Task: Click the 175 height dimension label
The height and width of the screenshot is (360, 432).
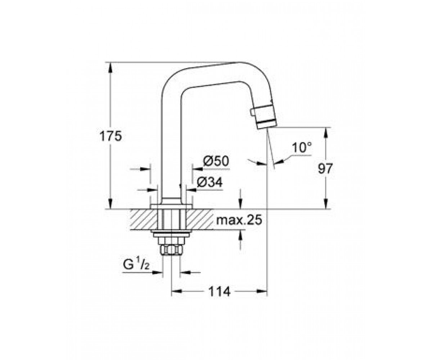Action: [111, 136]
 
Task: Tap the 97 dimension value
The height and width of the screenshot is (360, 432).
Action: [325, 168]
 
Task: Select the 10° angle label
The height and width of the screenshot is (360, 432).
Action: [302, 148]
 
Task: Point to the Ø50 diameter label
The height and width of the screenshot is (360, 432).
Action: [216, 161]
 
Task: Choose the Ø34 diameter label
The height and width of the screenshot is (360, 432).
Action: [210, 183]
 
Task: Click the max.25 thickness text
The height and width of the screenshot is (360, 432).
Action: [239, 220]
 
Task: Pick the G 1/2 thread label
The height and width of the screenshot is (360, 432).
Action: [136, 265]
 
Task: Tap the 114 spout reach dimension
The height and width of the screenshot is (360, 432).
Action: [219, 292]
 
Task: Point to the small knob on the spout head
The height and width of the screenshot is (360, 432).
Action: [252, 112]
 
